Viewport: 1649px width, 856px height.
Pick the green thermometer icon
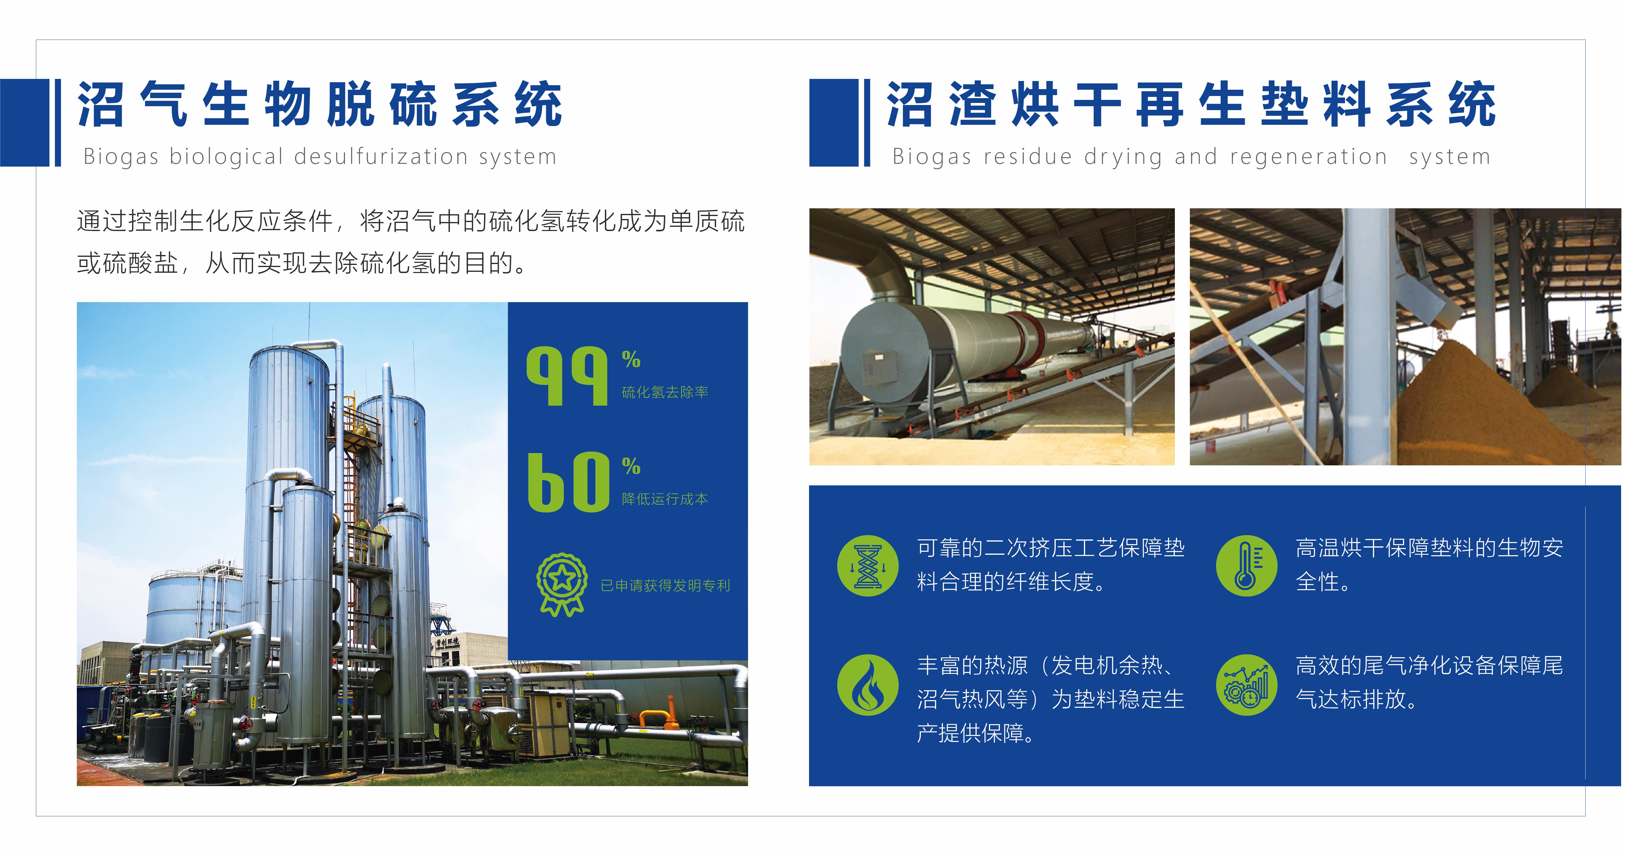(x=1246, y=566)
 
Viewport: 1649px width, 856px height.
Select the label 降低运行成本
(x=665, y=499)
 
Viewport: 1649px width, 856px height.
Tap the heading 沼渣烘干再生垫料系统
(x=1191, y=104)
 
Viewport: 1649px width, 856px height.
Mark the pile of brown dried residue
(x=1466, y=403)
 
